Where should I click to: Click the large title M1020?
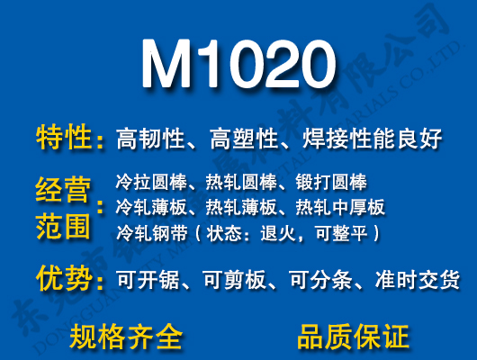click(238, 64)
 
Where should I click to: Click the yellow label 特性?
click(64, 139)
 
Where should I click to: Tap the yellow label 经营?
click(64, 190)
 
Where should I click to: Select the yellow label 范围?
click(64, 224)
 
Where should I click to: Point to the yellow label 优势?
click(64, 278)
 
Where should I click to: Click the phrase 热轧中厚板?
click(340, 207)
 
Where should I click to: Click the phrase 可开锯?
click(144, 280)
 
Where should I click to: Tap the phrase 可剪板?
click(235, 280)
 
